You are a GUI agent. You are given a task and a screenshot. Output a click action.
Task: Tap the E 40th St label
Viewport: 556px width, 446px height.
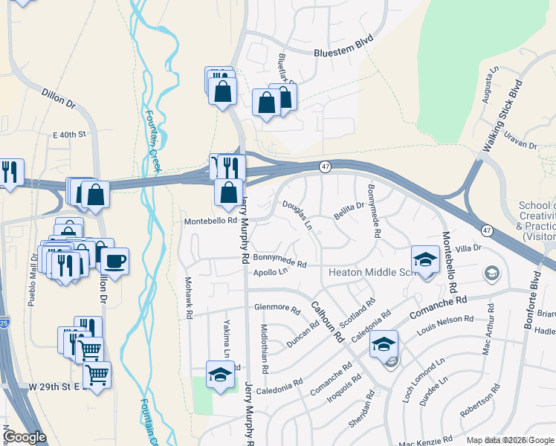point(70,135)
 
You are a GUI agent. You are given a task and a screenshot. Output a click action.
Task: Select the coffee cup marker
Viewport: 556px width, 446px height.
point(113,261)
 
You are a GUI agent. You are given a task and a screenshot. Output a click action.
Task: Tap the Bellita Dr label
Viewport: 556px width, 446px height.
point(349,210)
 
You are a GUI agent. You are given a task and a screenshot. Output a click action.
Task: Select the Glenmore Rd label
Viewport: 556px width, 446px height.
point(277,308)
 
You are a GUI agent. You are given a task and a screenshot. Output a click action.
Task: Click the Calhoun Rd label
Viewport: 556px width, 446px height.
point(327,321)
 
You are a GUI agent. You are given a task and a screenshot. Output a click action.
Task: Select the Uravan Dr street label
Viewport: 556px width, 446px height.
point(520,139)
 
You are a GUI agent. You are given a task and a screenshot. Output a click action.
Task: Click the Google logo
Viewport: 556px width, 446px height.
point(25,437)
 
